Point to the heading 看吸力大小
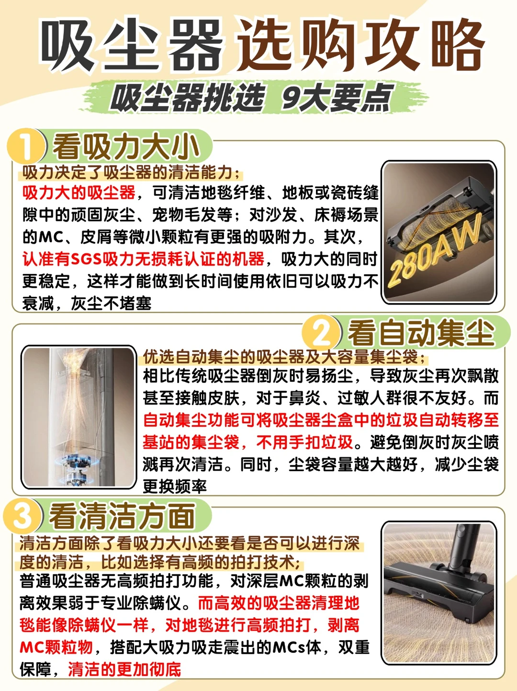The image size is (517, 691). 126,147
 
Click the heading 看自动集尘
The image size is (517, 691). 421,333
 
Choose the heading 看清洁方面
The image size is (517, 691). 123,516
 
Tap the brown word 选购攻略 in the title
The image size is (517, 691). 361,45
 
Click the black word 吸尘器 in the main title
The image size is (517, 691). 132,45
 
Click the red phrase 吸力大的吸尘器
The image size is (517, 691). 79,193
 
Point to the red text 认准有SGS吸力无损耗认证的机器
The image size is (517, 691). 143,259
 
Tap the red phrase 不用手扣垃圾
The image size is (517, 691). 304,442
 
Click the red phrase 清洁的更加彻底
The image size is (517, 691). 124,669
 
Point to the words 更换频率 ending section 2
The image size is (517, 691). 175,486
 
